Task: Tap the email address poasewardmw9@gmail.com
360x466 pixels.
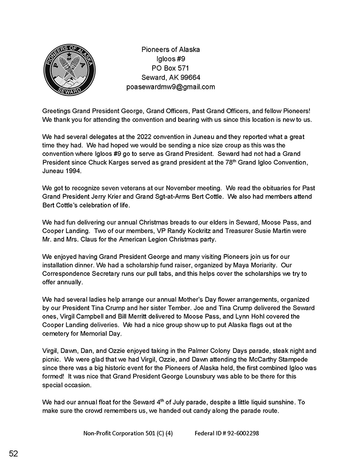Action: coord(170,87)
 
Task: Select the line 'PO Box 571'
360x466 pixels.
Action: coord(170,68)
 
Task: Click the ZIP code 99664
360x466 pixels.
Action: coord(190,77)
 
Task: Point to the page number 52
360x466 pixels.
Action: coord(13,453)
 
